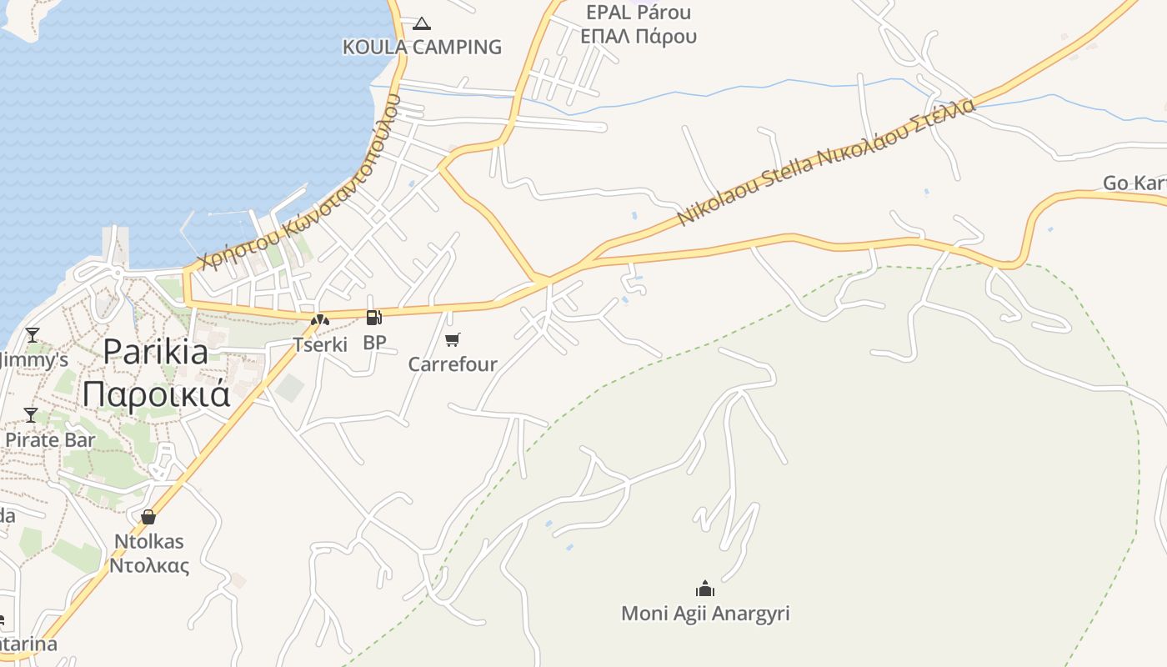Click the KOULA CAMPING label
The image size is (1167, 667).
pyautogui.click(x=422, y=48)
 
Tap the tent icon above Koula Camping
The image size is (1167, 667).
pyautogui.click(x=422, y=23)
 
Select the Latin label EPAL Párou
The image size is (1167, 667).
pyautogui.click(x=639, y=13)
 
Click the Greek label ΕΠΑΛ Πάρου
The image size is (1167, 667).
pyautogui.click(x=639, y=37)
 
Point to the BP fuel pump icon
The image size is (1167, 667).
pyautogui.click(x=374, y=317)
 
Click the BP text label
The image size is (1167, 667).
pyautogui.click(x=374, y=343)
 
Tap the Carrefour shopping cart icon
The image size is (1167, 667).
pyautogui.click(x=453, y=339)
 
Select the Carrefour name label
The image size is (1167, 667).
pyautogui.click(x=453, y=364)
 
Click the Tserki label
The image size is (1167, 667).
pyautogui.click(x=320, y=344)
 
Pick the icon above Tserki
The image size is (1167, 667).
pyautogui.click(x=320, y=318)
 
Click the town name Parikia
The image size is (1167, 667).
pyautogui.click(x=156, y=353)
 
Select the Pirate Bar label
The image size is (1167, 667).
pyautogui.click(x=50, y=439)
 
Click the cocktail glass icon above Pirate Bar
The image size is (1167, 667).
pyautogui.click(x=31, y=414)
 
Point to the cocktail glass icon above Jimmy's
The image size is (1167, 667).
pyautogui.click(x=33, y=335)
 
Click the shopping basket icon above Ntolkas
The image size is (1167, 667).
pyautogui.click(x=148, y=517)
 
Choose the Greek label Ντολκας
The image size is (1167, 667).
pyautogui.click(x=149, y=566)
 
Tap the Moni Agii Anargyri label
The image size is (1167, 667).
pyautogui.click(x=705, y=614)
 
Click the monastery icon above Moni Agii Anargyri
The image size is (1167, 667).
pyautogui.click(x=705, y=589)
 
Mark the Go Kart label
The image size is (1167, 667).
pyautogui.click(x=1134, y=183)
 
